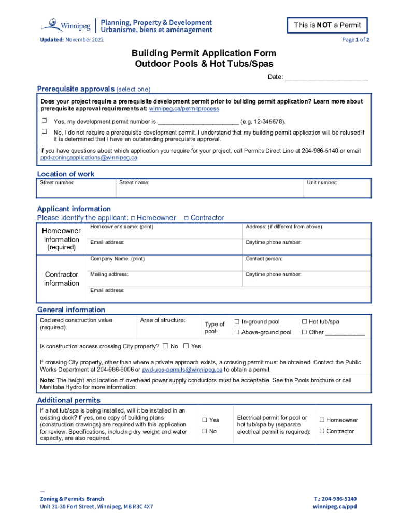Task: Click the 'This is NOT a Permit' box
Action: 327,25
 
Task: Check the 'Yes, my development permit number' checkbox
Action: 44,121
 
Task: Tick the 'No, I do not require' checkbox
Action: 44,131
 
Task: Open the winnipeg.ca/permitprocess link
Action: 184,109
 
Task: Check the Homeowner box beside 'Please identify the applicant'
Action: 133,218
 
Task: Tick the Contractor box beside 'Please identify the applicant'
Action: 187,218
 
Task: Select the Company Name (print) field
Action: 166,262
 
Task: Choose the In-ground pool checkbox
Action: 237,322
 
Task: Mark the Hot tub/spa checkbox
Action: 304,322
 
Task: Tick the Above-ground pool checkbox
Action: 237,332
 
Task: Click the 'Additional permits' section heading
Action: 69,400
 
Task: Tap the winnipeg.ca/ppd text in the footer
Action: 335,507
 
